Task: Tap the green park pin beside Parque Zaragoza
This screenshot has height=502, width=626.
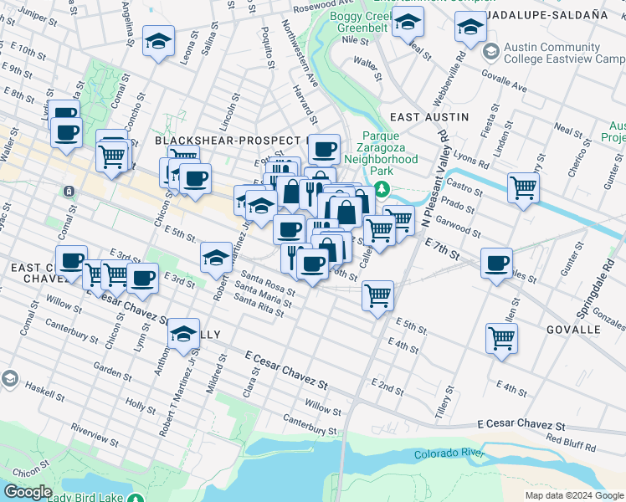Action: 382,189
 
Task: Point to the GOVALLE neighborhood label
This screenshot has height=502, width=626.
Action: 573,330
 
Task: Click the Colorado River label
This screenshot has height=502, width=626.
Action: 449,454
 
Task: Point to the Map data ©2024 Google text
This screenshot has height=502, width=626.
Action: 573,495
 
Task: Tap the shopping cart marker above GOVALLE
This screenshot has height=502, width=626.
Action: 501,338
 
